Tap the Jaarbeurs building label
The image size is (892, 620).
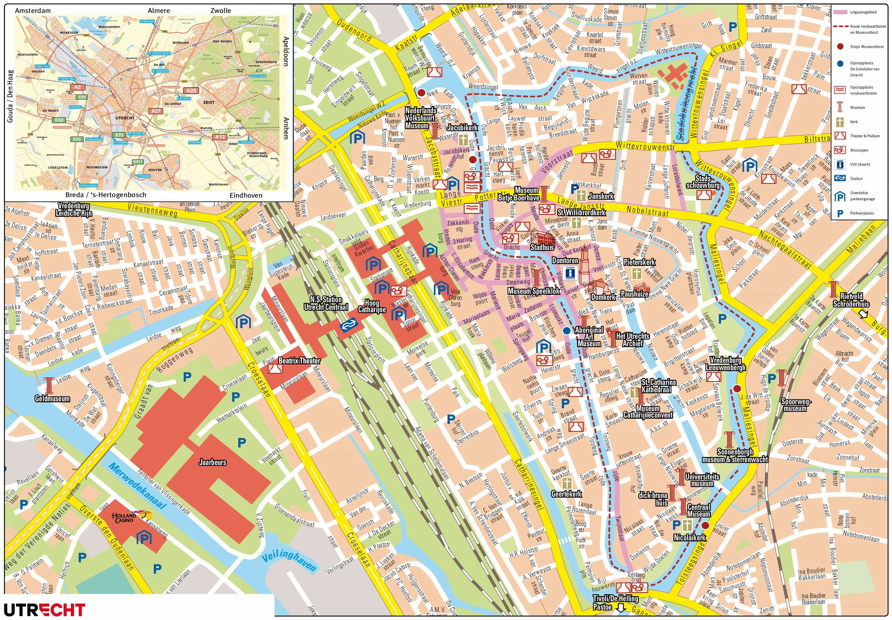pyautogui.click(x=212, y=462)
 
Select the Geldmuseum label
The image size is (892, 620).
pyautogui.click(x=52, y=399)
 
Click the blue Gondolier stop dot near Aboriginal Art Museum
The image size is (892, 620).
pyautogui.click(x=567, y=331)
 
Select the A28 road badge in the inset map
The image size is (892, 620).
pyautogui.click(x=191, y=91)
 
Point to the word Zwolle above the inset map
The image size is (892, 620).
pyautogui.click(x=221, y=11)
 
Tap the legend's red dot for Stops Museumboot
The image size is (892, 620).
pyautogui.click(x=840, y=47)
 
